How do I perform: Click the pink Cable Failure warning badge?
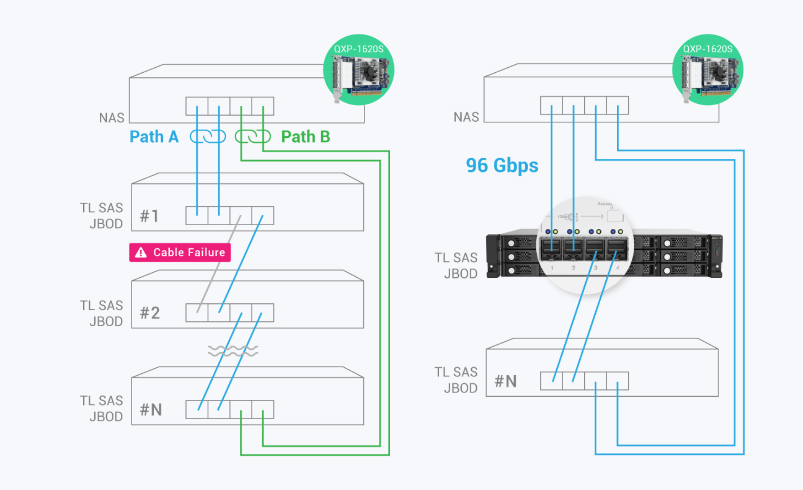(180, 253)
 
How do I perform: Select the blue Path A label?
(154, 137)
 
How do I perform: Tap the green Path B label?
(305, 137)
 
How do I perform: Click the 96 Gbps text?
(502, 165)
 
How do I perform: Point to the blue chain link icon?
(208, 136)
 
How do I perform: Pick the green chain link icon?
(253, 136)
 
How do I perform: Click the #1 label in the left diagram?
(149, 216)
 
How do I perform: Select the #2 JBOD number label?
(150, 313)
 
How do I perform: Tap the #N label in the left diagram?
(151, 410)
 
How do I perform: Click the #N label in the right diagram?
(506, 381)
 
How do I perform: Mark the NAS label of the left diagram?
(112, 118)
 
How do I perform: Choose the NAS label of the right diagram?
(466, 117)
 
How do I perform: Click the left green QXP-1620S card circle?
(359, 70)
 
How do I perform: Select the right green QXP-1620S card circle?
(707, 70)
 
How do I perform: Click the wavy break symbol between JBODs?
(233, 351)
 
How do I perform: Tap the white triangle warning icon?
(141, 253)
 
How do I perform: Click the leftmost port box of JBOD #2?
(197, 313)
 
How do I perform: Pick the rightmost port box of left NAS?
(263, 106)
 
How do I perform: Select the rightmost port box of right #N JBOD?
(618, 381)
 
